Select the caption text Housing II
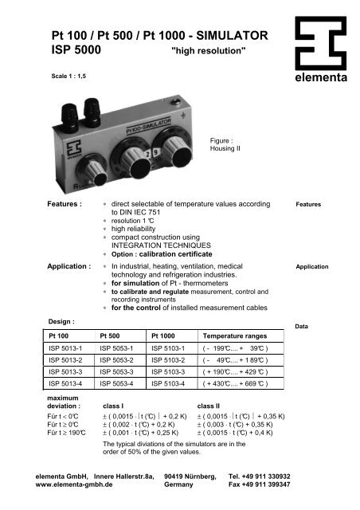[222, 148]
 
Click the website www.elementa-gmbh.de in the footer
[75, 484]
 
